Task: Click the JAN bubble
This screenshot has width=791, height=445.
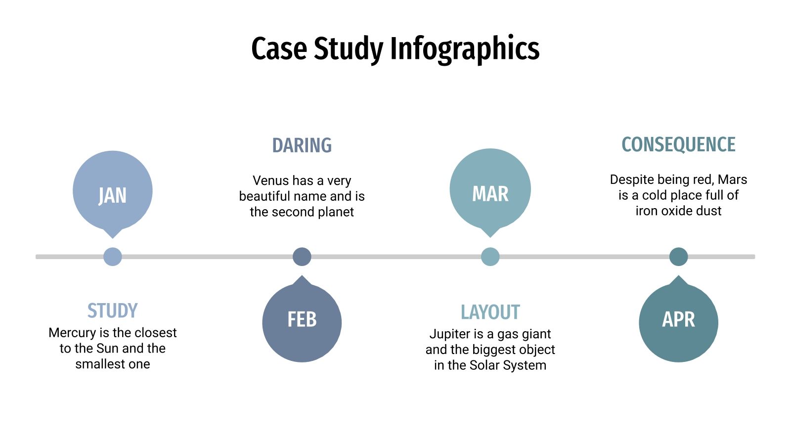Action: [113, 192]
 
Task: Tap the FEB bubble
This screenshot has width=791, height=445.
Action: [302, 321]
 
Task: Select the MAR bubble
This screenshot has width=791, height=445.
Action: [490, 190]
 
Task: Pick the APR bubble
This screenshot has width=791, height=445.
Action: [678, 321]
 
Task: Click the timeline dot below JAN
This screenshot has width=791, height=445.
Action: [113, 257]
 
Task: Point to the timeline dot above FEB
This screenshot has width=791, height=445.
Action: [302, 257]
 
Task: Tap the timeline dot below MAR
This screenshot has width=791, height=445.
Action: [490, 257]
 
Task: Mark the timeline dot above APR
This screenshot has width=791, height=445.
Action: [678, 257]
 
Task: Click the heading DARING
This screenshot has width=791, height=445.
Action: [302, 145]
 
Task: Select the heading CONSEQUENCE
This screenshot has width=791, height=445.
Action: [678, 144]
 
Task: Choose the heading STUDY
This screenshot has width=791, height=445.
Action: [113, 311]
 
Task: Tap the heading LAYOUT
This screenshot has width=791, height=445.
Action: [490, 312]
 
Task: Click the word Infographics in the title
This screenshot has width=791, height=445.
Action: [464, 48]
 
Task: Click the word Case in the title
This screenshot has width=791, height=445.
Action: [279, 48]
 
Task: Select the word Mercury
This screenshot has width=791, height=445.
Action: [72, 333]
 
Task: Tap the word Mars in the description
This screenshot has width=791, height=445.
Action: [732, 179]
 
